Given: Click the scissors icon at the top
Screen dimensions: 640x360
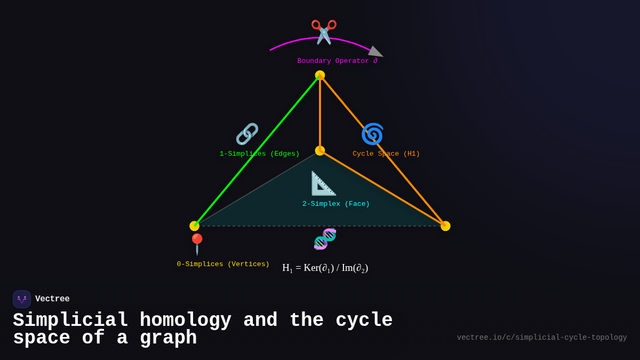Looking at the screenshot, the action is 324,31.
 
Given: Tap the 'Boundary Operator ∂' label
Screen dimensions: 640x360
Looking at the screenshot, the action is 337,61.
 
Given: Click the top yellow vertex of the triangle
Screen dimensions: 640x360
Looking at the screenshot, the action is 320,75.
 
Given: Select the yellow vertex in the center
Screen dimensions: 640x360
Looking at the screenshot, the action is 320,151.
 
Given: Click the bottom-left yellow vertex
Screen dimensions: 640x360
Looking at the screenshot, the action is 195,226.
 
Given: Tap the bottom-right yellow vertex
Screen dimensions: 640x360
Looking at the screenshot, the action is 445,226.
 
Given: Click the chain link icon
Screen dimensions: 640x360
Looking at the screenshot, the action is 247,134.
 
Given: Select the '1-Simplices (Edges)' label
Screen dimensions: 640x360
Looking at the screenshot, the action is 260,154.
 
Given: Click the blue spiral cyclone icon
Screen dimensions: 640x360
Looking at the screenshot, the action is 372,134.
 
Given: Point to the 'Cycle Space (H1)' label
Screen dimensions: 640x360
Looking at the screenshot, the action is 386,154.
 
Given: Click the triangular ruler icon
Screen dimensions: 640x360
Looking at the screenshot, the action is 323,183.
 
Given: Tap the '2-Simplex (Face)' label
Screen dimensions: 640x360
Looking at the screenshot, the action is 336,204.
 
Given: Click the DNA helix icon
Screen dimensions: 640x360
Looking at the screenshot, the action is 325,239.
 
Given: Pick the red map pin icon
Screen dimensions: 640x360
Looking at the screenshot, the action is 197,244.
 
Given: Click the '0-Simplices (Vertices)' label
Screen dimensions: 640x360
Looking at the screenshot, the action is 223,265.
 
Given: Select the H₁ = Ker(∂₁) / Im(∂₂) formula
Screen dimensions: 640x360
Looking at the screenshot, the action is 325,268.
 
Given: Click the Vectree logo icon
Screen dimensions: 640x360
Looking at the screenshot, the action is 22,299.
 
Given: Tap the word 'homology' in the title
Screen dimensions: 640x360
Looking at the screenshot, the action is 186,321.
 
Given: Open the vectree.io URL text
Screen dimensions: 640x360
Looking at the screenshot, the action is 542,338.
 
